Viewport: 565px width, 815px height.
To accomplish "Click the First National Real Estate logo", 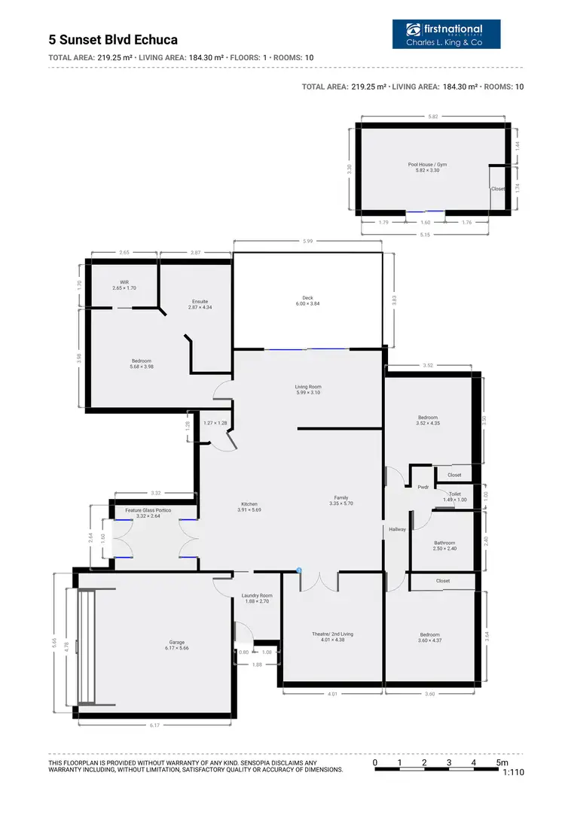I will (x=447, y=34).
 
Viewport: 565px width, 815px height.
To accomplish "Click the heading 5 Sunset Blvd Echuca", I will (x=114, y=40).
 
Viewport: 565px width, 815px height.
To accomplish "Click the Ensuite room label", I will (x=200, y=305).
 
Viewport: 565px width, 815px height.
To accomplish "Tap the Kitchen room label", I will (x=249, y=506).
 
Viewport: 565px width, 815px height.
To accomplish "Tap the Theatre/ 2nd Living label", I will (x=332, y=637).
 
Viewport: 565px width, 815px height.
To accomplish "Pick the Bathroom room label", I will (x=444, y=546).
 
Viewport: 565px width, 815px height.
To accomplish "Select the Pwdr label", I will (x=423, y=487).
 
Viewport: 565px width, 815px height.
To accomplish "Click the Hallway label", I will (x=397, y=529).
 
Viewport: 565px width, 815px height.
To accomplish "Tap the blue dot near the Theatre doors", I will (x=300, y=570).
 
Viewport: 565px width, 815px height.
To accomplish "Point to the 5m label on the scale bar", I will (x=502, y=762).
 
